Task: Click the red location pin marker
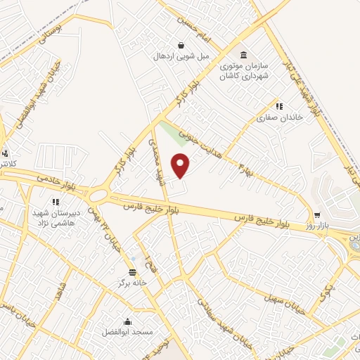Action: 181,165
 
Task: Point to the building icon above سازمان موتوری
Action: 243,56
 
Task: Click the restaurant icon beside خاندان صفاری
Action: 279,107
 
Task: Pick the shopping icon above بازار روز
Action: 317,215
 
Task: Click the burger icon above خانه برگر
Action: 132,272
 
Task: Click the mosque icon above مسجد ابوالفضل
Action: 127,319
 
